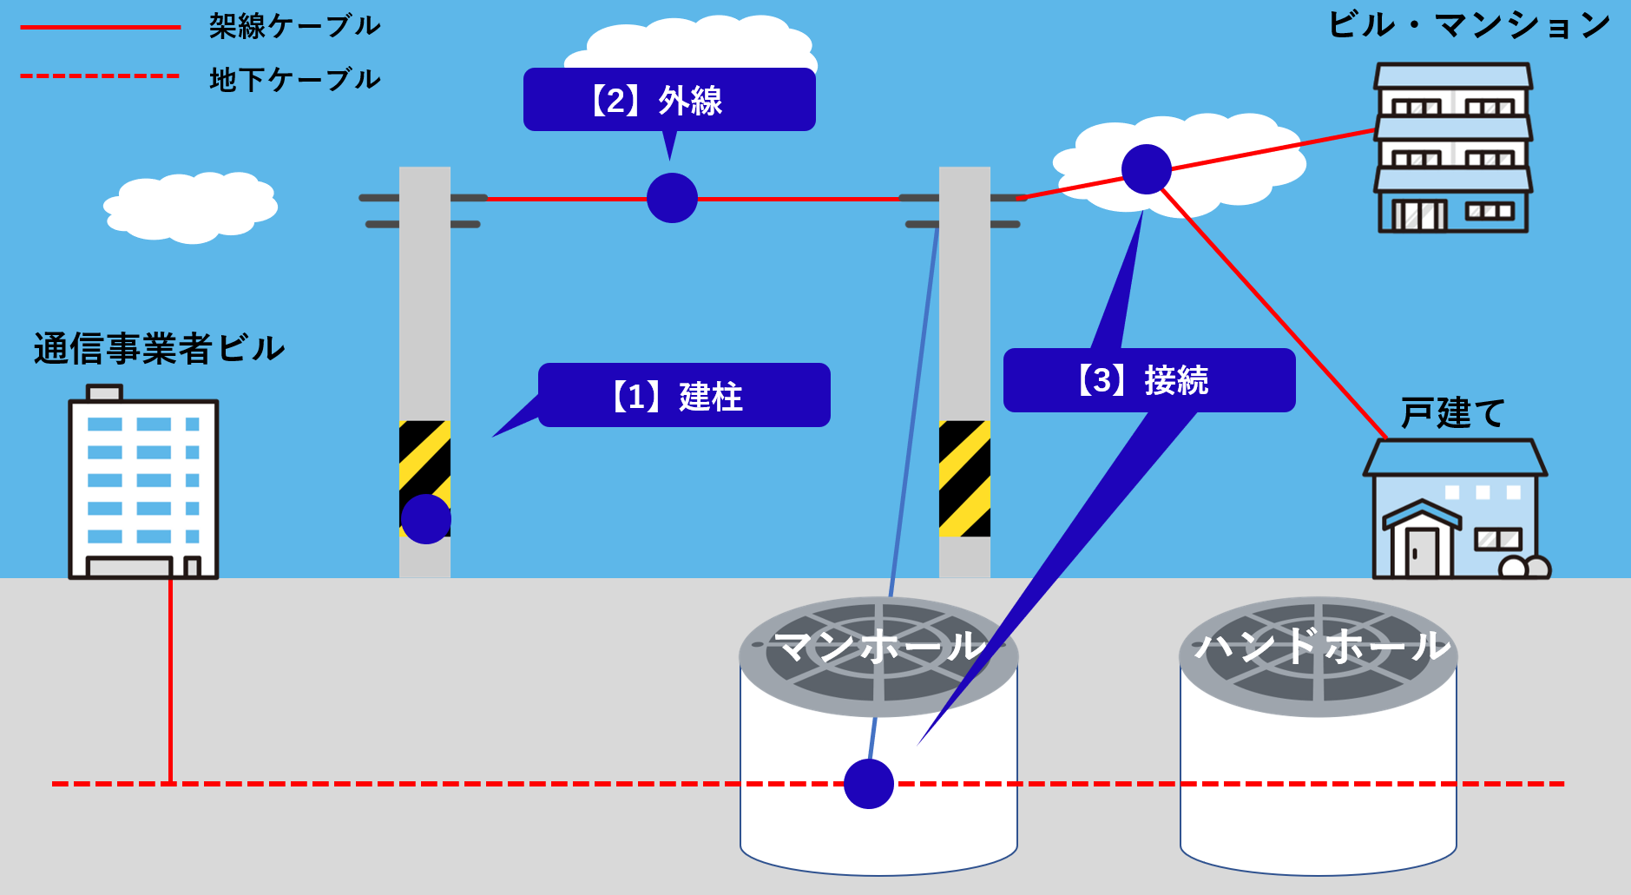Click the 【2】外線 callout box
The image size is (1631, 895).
(x=669, y=100)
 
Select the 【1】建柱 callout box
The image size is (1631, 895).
(x=684, y=396)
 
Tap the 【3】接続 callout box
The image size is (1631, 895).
(x=1149, y=380)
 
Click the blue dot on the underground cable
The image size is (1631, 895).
(x=869, y=784)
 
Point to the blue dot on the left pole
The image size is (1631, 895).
(x=425, y=519)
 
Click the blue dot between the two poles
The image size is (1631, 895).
(x=672, y=198)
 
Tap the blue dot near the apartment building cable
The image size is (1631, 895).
(x=1146, y=169)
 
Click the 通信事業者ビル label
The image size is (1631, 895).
(x=159, y=349)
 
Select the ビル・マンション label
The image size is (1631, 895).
(x=1470, y=25)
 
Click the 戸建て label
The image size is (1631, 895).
(x=1452, y=413)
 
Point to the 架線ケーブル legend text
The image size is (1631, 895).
(x=294, y=26)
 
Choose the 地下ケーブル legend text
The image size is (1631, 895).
(x=294, y=80)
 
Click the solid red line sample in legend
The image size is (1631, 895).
(x=100, y=28)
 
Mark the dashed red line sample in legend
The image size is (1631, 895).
(x=100, y=76)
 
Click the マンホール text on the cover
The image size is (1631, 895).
(x=879, y=647)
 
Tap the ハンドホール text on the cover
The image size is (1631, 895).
(x=1321, y=647)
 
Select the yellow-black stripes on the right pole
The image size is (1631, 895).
(x=964, y=478)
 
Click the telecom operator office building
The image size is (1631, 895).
(x=143, y=486)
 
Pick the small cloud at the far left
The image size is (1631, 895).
(x=190, y=207)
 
